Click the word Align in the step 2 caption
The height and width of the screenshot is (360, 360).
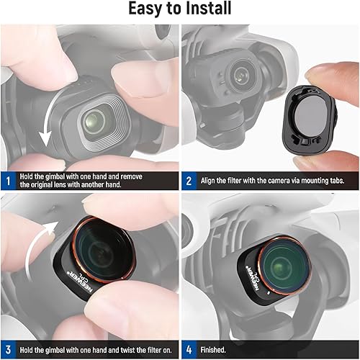(214, 181)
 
